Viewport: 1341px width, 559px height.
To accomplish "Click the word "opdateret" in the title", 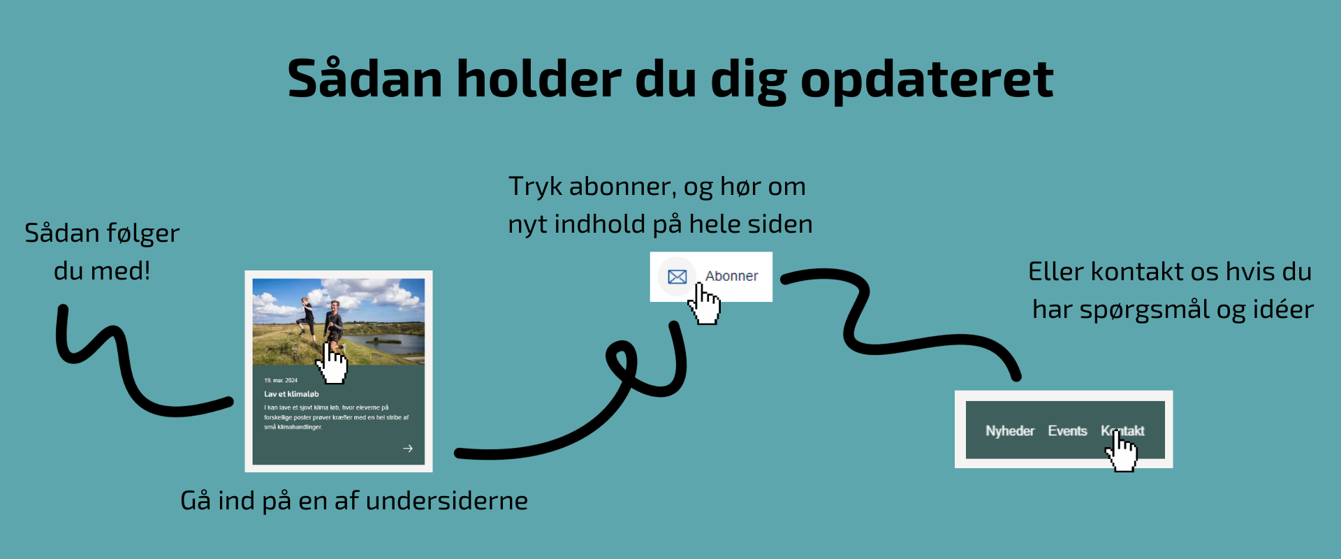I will coord(926,80).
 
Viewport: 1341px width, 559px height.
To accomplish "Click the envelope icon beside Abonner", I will coord(677,277).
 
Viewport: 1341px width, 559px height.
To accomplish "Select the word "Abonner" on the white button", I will coord(731,276).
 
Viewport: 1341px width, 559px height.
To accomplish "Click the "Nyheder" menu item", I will coord(1009,431).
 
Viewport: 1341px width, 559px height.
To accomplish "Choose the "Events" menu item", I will coord(1067,431).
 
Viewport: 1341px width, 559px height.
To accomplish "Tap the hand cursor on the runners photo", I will coord(332,363).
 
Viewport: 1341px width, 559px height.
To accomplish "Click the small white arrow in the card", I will coord(408,448).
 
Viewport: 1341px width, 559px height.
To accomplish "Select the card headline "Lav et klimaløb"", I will coord(291,394).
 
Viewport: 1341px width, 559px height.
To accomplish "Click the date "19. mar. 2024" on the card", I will coord(281,381).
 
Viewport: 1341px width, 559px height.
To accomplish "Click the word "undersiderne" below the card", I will coord(446,501).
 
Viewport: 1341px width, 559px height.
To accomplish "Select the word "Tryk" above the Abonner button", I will coord(535,187).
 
